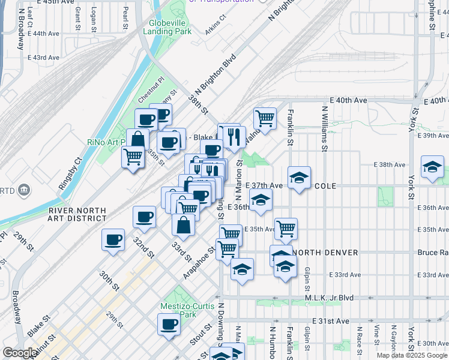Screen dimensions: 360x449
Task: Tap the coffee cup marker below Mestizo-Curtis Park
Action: (169, 325)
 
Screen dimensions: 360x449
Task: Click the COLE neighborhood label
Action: (325, 186)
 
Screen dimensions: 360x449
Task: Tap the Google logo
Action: (20, 353)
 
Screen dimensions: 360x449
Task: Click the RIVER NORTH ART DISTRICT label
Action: (77, 215)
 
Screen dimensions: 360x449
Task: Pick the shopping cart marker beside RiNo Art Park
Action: (133, 158)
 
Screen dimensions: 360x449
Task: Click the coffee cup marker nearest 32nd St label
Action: (113, 240)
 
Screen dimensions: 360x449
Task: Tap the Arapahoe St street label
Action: (199, 263)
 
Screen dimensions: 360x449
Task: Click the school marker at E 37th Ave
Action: (299, 178)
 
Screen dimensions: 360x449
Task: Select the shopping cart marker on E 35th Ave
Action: (286, 228)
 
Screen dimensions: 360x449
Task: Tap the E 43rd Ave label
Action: (43, 58)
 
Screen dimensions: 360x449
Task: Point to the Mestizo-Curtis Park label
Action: (178, 310)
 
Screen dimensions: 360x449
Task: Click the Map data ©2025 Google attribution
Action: (412, 355)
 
